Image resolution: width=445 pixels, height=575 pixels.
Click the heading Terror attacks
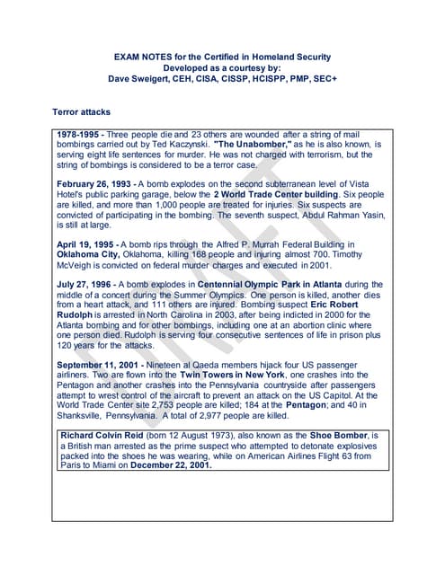click(x=81, y=112)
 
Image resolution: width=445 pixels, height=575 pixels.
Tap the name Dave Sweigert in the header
click(x=146, y=78)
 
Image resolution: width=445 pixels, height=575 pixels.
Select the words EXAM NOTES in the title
click(x=140, y=57)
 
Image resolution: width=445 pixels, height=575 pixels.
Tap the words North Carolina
click(x=176, y=314)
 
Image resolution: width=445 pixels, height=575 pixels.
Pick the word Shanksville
click(x=88, y=416)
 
